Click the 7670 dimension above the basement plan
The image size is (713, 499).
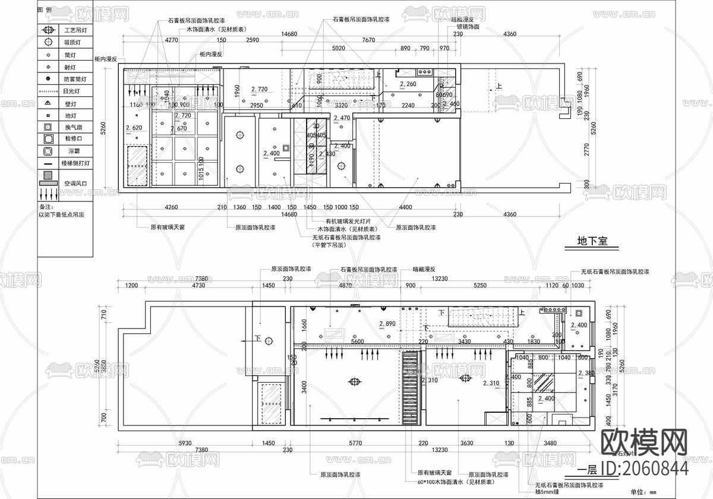[368, 40]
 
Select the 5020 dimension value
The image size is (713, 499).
[338, 48]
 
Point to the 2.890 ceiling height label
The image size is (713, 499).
[387, 324]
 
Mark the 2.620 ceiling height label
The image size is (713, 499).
[134, 128]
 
